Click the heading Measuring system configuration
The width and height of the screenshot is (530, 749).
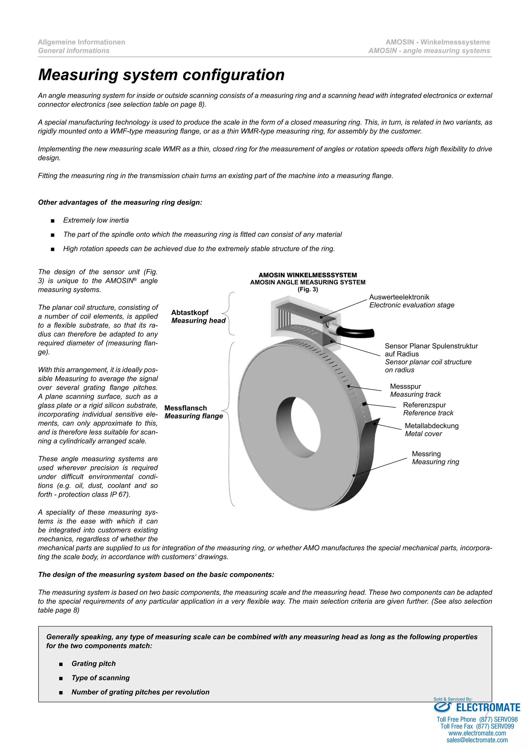point(161,75)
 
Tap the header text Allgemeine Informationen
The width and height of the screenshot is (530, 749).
point(81,42)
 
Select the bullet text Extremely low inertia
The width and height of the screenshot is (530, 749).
point(96,220)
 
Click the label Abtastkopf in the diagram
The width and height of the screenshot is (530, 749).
point(190,312)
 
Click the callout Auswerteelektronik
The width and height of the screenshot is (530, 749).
point(399,297)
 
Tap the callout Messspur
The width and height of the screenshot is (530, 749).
point(405,387)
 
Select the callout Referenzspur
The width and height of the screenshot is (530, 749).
point(424,405)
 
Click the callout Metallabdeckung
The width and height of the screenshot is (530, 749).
point(431,426)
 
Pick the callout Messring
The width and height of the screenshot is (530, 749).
point(426,454)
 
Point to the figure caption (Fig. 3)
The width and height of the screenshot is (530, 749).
point(307,289)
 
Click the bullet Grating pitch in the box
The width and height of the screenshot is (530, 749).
point(94,664)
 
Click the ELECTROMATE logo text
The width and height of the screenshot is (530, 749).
point(488,708)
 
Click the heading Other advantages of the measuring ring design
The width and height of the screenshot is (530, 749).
point(120,203)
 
